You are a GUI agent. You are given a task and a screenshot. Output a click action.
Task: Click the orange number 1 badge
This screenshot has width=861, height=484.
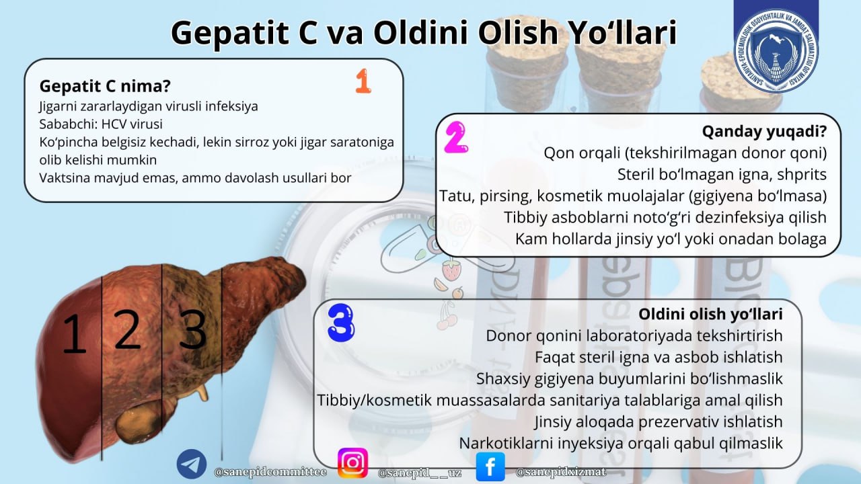[x=363, y=81]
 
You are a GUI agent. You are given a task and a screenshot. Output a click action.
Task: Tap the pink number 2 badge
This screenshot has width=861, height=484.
[x=455, y=138]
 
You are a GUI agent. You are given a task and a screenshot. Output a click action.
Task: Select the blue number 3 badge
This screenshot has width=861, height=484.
[x=340, y=323]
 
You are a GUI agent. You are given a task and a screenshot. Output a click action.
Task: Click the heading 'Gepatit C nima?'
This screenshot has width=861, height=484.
[x=104, y=87]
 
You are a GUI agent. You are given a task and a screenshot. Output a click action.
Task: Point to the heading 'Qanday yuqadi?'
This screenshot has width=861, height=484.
[x=764, y=131]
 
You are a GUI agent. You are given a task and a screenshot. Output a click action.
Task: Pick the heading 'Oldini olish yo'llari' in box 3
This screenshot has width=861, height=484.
[x=710, y=314]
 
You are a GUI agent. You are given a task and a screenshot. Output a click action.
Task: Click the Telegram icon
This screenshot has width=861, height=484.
[x=192, y=465]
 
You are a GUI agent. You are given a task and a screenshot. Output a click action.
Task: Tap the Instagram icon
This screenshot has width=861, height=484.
[x=352, y=463]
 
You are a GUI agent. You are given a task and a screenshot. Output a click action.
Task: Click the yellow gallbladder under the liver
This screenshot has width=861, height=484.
[x=138, y=421]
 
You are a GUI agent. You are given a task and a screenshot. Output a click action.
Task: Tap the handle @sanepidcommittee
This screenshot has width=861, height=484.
[x=270, y=472]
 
